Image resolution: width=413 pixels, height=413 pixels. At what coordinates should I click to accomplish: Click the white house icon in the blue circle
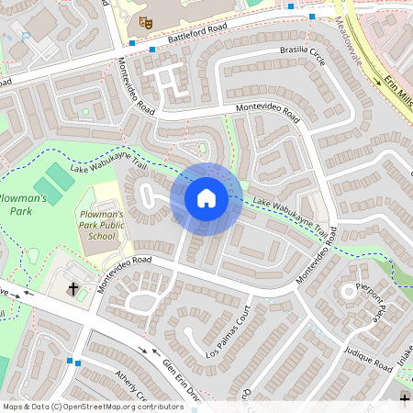coord(206,197)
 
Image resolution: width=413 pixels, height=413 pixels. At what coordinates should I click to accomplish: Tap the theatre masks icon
coord(145,20)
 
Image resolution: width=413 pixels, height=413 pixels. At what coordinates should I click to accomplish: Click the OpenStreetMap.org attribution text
coord(119,406)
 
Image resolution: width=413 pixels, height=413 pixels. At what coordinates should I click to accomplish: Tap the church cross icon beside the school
coord(73,289)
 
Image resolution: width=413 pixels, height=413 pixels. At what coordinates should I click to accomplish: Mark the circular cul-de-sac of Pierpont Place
coord(349,291)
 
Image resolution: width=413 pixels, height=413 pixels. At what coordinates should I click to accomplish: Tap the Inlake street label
coord(404,353)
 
